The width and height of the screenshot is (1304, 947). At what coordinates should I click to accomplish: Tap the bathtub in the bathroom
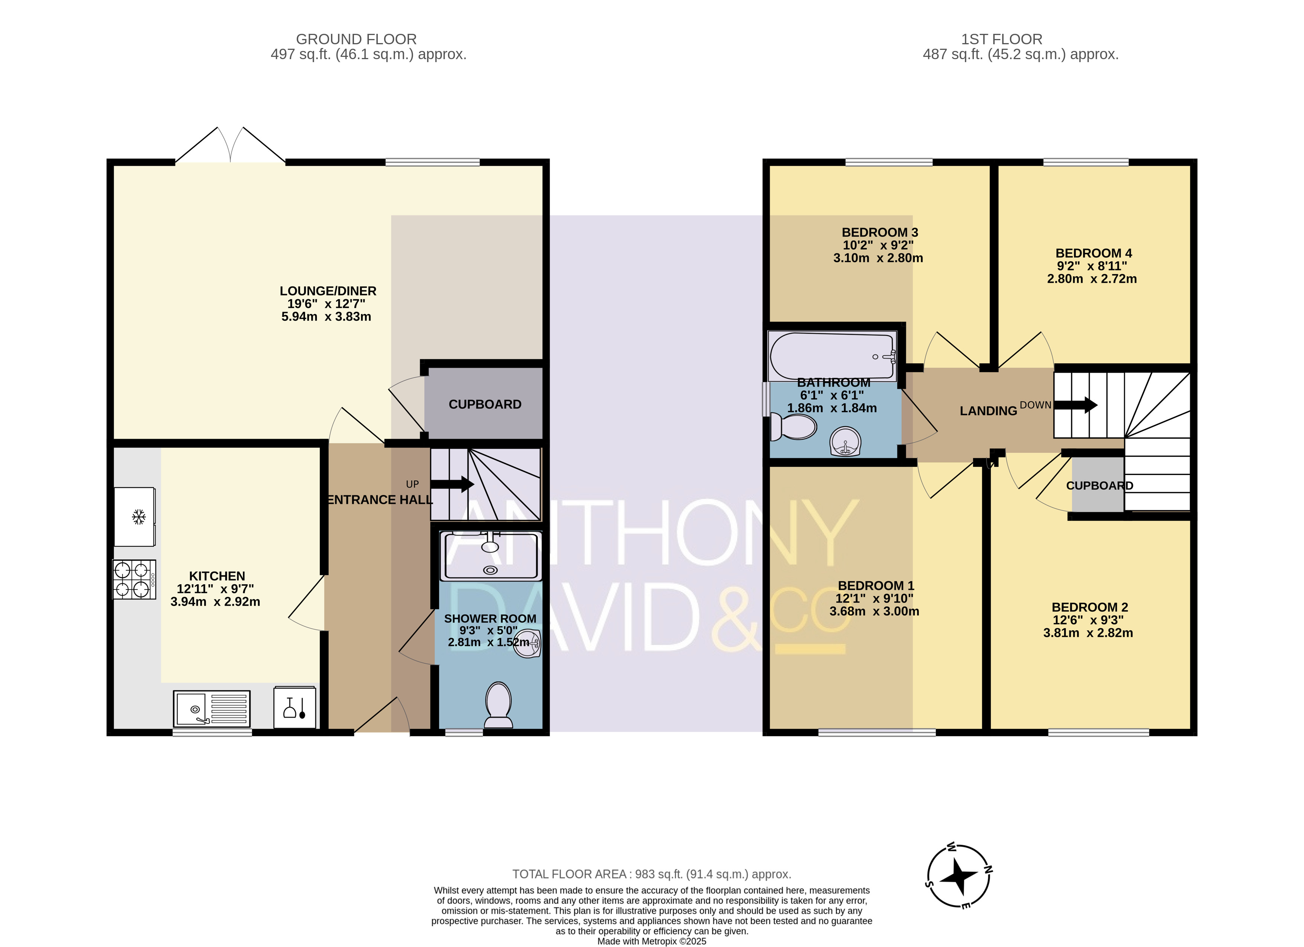click(x=833, y=356)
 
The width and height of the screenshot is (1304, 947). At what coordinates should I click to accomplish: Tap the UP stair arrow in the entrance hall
click(x=452, y=484)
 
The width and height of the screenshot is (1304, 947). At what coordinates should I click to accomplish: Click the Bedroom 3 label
click(x=880, y=232)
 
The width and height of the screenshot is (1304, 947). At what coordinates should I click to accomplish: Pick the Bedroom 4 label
click(x=1094, y=253)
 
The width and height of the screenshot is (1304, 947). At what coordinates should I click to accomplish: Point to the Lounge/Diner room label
click(x=328, y=291)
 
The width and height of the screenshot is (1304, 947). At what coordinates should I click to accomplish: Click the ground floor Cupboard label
click(x=485, y=404)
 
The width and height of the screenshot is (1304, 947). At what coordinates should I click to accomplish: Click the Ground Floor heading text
click(x=357, y=39)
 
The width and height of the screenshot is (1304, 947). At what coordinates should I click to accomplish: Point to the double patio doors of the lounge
click(x=230, y=145)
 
